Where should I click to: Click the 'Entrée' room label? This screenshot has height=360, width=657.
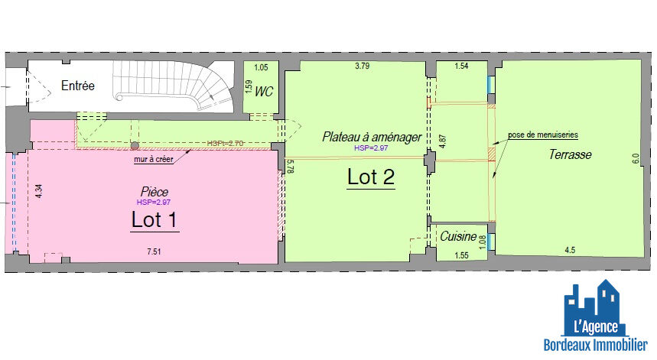coord(77,86)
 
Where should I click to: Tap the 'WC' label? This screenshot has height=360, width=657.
coord(264,92)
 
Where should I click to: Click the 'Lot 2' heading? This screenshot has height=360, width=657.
coord(371,177)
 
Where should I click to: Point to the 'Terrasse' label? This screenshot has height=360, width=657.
coord(570,154)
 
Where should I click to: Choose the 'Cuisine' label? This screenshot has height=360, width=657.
coord(458,237)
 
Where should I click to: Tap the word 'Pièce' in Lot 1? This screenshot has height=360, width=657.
coord(154,191)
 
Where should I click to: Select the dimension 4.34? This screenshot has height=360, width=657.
coord(39,190)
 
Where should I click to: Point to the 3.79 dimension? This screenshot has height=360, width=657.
coord(362,67)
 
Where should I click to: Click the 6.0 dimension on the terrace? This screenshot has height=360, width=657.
coord(634,159)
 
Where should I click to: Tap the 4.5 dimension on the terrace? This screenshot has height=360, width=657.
coord(570,250)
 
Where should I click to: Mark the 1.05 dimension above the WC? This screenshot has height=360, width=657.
coord(260,67)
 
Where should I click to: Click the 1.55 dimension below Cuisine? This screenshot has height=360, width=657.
coord(461,255)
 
